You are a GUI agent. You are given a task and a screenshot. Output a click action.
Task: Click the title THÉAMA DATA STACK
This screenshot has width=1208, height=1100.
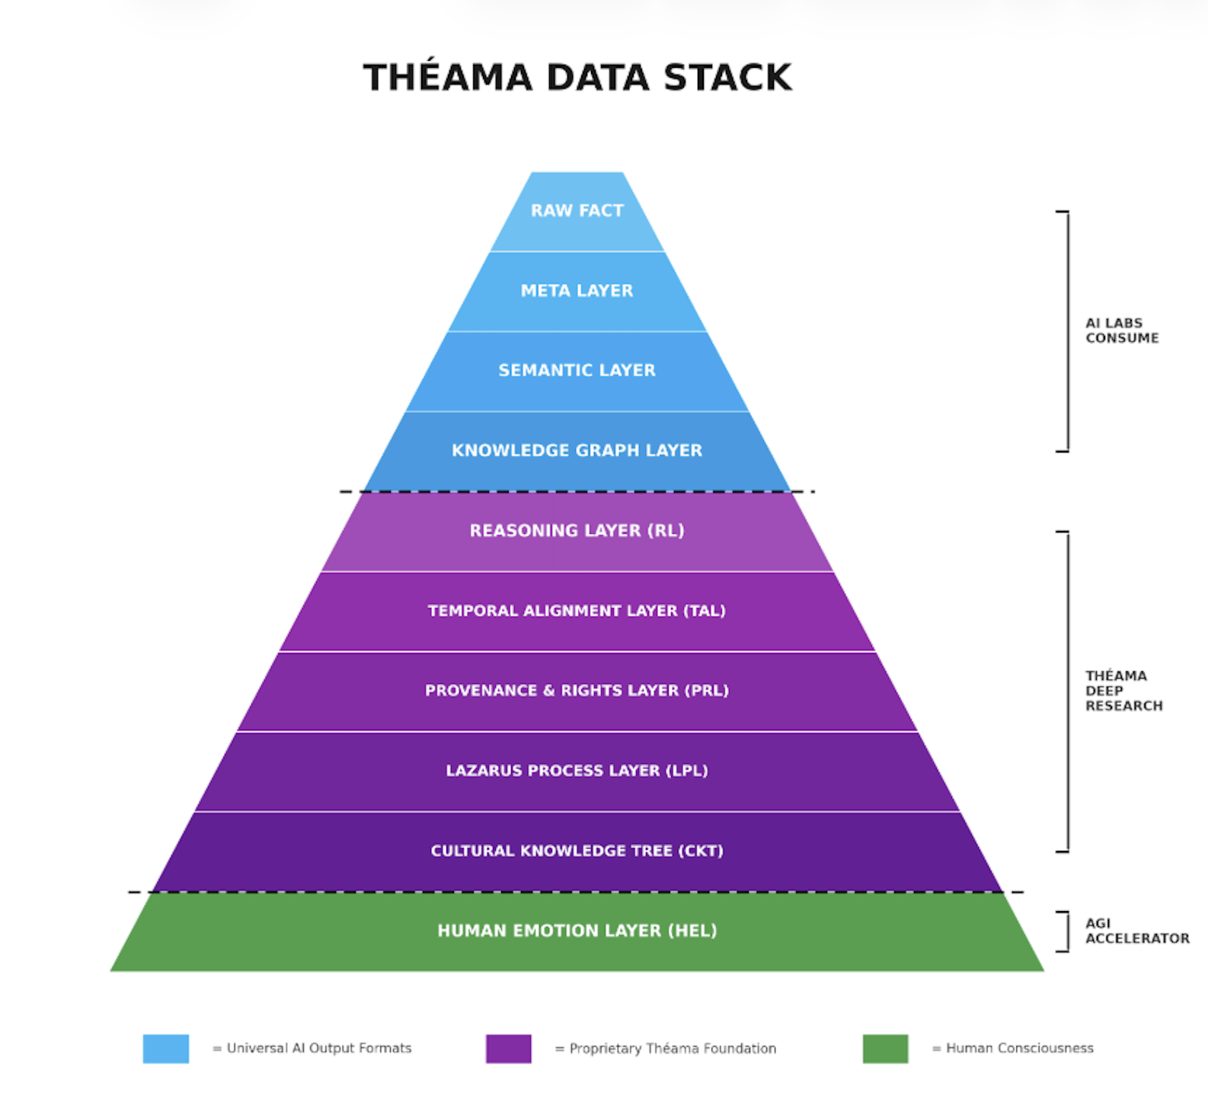[577, 78]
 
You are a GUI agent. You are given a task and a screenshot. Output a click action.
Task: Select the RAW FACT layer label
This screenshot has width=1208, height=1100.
[577, 211]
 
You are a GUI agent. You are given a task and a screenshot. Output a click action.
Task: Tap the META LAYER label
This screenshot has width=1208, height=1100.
[577, 291]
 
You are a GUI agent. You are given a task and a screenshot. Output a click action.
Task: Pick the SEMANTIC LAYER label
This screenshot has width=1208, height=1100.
[577, 370]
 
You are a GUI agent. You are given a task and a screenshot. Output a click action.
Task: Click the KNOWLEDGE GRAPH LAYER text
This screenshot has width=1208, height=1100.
[577, 450]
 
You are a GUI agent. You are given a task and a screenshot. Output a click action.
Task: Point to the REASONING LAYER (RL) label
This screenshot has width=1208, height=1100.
[577, 530]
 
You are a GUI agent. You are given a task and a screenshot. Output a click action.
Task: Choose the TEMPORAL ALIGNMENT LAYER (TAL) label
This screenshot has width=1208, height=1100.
[577, 611]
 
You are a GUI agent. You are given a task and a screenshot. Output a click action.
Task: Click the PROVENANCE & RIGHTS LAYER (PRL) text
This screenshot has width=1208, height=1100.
[577, 691]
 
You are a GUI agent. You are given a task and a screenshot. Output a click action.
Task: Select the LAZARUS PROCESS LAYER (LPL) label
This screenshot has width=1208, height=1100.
[577, 771]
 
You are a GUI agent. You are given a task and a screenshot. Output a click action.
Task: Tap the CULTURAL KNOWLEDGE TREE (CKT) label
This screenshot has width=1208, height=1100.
[577, 851]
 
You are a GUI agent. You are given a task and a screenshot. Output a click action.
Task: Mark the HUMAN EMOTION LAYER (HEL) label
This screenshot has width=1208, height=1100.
[577, 931]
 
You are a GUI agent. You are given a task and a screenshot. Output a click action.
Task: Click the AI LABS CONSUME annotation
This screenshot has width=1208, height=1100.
[1121, 331]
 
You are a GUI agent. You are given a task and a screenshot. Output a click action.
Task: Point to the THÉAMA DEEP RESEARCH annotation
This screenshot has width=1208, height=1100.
[1123, 691]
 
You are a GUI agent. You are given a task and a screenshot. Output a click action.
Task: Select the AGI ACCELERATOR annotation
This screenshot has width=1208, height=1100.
[1136, 931]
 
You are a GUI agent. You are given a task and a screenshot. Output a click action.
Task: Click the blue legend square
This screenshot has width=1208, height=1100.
[166, 1049]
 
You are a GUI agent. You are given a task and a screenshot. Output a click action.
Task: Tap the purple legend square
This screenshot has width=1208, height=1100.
[509, 1049]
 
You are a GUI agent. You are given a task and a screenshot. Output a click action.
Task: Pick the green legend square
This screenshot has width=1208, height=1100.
[885, 1049]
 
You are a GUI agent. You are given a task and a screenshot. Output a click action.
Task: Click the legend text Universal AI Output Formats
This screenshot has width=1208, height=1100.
[318, 1049]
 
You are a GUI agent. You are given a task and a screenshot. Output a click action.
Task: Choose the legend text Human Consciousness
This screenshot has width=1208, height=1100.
[1019, 1049]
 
